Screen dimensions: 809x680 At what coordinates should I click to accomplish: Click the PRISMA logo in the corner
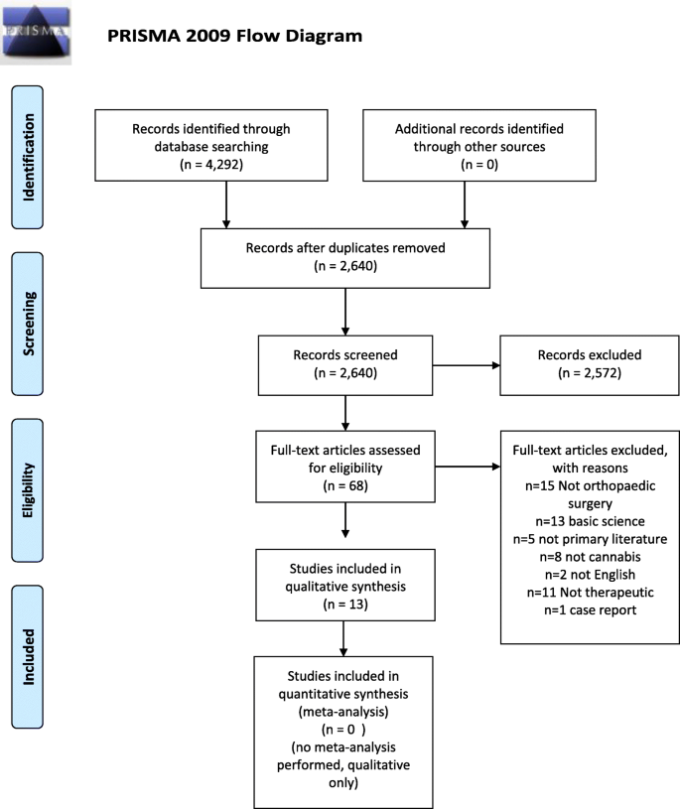(37, 32)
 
